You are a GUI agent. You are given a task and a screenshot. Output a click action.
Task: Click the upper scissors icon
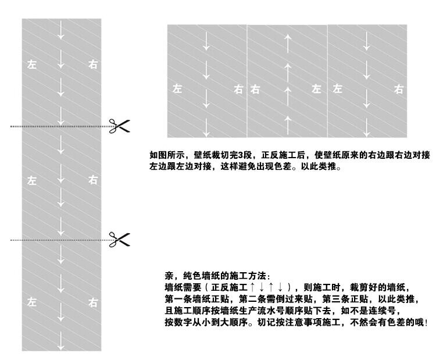click(x=119, y=125)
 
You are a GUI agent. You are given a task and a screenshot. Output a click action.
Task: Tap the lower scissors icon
click(x=119, y=238)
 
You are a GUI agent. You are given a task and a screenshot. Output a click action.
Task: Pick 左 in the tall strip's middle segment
click(x=32, y=180)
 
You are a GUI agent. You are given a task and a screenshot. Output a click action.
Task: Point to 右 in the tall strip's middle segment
click(x=93, y=180)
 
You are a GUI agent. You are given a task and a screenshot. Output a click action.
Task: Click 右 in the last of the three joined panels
click(x=399, y=89)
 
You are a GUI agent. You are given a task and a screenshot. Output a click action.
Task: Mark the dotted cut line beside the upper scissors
click(x=58, y=126)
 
